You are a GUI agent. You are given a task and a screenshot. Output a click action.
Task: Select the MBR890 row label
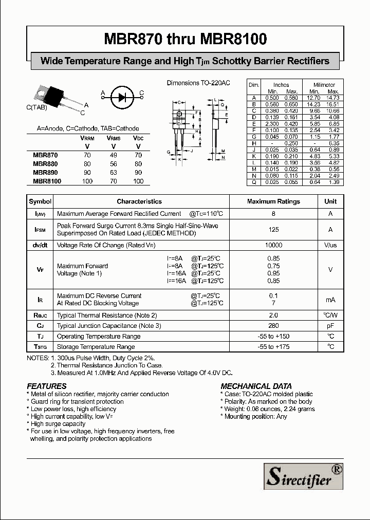click(45, 173)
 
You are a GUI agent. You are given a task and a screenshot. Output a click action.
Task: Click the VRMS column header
click(113, 138)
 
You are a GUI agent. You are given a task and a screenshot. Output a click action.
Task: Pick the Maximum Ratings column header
click(273, 201)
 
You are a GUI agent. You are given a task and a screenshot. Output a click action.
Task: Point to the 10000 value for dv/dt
click(273, 246)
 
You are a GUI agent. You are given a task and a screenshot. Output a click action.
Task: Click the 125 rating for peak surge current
click(273, 230)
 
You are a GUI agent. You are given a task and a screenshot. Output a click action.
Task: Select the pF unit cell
click(330, 326)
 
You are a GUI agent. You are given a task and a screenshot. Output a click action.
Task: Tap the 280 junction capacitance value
click(273, 326)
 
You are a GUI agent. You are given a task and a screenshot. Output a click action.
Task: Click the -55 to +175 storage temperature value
click(273, 347)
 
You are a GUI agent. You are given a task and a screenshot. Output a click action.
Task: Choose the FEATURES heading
click(47, 386)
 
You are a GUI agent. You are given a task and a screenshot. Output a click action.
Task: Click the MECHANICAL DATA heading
click(256, 386)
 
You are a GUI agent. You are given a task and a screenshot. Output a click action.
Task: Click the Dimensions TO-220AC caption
click(198, 83)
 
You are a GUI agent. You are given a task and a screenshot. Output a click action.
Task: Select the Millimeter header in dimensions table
click(324, 85)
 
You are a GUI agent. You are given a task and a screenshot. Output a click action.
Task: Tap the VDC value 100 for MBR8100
click(138, 181)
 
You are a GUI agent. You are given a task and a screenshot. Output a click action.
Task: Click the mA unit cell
click(330, 300)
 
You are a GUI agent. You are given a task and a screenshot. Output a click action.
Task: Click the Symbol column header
click(40, 201)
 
